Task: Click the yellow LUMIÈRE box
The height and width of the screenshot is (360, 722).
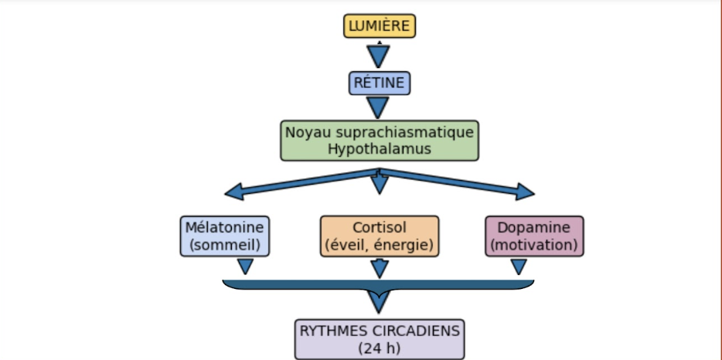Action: pos(379,26)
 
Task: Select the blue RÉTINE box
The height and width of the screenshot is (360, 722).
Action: pos(379,83)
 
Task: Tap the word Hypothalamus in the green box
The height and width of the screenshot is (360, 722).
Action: pos(379,149)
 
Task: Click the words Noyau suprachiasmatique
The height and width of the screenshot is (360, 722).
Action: pos(379,132)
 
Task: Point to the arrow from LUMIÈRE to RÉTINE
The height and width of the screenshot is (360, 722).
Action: pos(378,56)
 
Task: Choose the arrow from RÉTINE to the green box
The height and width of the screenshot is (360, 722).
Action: pos(378,107)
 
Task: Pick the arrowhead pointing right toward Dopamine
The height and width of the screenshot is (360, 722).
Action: pos(525,192)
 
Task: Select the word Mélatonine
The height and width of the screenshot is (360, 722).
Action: pos(225,228)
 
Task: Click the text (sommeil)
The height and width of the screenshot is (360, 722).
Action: pos(225,246)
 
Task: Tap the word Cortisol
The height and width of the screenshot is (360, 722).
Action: pos(379,228)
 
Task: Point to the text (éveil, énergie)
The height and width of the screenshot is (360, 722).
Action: pos(379,246)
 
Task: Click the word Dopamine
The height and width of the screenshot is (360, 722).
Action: pos(534,228)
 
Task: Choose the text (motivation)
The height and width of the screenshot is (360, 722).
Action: pos(534,246)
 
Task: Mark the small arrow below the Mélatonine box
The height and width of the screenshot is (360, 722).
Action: pos(245,266)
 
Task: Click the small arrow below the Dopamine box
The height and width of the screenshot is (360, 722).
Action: pos(519,266)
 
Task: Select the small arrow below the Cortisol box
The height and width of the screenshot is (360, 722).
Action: pos(379,267)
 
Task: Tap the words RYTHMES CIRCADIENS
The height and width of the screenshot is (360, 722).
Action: pos(380,331)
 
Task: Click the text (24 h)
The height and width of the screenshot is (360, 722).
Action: pos(380,348)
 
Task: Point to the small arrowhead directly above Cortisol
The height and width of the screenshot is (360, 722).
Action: pos(379,185)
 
